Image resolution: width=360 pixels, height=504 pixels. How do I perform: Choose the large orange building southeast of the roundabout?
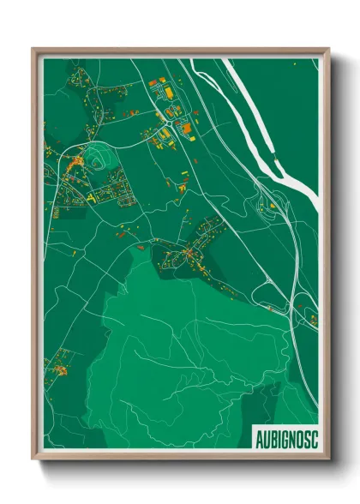tap(186, 128)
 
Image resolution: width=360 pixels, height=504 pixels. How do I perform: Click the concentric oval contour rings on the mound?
tap(94, 158)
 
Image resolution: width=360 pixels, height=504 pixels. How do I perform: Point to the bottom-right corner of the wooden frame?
tap(328, 459)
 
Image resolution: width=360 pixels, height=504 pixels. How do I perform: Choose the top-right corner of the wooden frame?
tap(328, 49)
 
